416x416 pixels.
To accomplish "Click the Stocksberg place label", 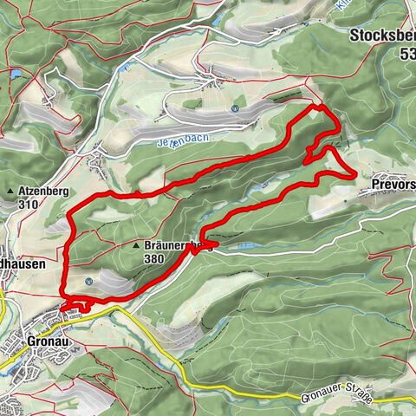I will click(384, 36).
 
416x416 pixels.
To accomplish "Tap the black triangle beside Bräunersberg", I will click(136, 247).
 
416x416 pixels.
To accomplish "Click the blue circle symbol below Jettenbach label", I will click(235, 108).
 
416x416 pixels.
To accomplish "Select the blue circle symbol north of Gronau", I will click(90, 282).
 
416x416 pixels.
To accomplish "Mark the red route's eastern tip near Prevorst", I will click(354, 176).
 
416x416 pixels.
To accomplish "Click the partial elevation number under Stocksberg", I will click(407, 54).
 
